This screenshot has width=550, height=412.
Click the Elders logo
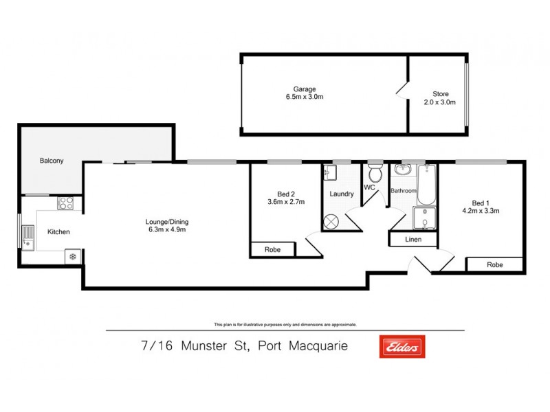pos(402,347)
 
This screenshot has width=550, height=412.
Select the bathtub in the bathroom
pos(426,185)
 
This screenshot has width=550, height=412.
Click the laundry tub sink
pos(329,172)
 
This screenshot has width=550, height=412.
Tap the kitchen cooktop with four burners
pos(67,203)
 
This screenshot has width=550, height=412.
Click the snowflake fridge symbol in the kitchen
pos(71,257)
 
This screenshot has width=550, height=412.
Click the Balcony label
pos(52,161)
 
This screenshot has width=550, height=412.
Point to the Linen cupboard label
pos(414,240)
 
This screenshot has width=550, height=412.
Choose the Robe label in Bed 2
pos(273,251)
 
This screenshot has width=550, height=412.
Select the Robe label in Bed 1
pos(494,264)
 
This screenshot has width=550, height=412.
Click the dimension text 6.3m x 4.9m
pos(166,229)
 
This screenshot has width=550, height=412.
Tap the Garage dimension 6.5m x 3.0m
pos(305,98)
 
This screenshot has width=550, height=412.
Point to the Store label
pos(440,93)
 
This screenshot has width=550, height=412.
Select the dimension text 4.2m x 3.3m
pos(481,211)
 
